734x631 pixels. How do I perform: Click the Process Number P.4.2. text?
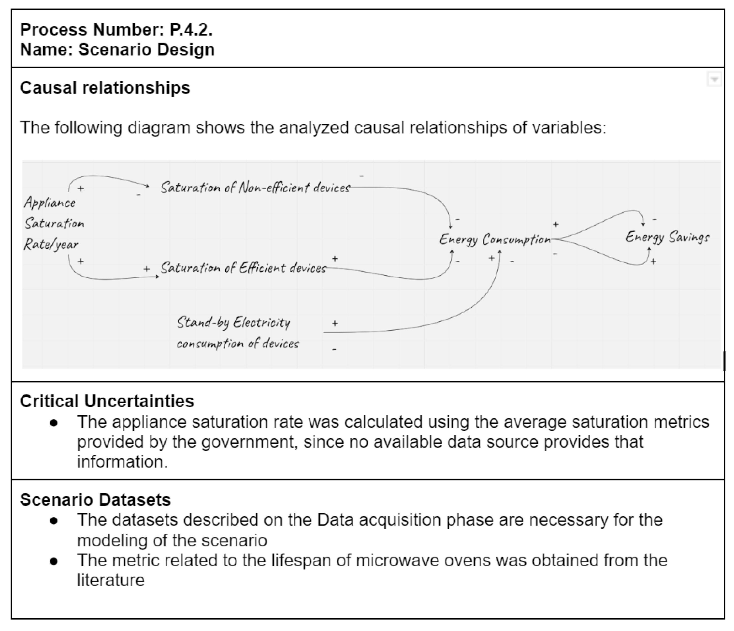click(116, 30)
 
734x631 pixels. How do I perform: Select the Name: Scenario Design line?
click(117, 49)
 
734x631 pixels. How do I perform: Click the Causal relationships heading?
click(105, 88)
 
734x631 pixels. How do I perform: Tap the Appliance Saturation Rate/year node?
click(53, 223)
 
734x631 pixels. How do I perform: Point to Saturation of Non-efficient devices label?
click(255, 187)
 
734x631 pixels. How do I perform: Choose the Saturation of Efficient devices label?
click(243, 268)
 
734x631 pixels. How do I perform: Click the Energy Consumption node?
click(494, 240)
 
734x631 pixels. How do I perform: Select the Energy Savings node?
click(667, 237)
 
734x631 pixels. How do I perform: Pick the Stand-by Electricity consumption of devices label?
click(237, 332)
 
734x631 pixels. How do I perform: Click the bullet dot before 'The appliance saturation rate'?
click(54, 422)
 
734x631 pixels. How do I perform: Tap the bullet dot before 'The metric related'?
click(54, 561)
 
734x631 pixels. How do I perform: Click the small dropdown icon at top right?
click(714, 79)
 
